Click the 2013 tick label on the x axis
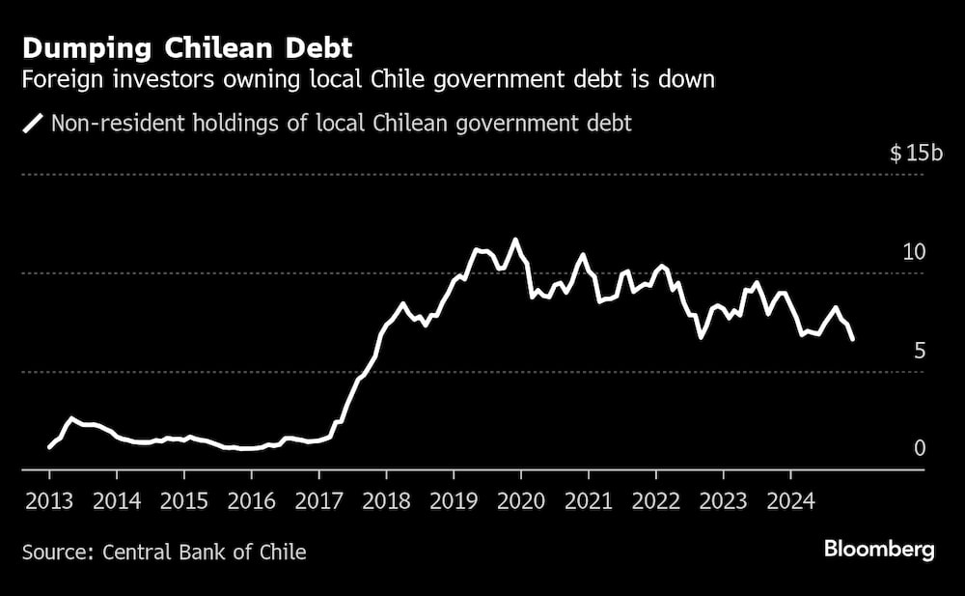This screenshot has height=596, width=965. tap(49, 501)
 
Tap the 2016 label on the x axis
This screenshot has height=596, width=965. tap(250, 501)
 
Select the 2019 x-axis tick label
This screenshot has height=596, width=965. tap(453, 501)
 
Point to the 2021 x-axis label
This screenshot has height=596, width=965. tap(588, 501)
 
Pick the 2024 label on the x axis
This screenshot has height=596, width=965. tap(789, 501)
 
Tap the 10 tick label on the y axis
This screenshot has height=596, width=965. tap(913, 252)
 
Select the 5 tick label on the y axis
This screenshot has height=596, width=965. tap(919, 351)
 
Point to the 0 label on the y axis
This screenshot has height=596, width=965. tap(919, 448)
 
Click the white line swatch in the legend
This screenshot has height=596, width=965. tap(34, 124)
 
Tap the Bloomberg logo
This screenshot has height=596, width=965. tap(879, 550)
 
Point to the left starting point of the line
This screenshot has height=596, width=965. tap(49, 447)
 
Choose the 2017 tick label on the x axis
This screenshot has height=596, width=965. tap(317, 501)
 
